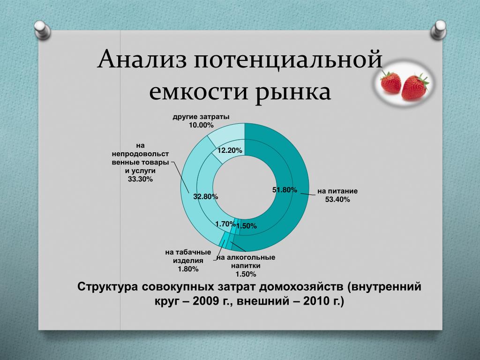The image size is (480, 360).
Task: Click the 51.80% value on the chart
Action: coord(285,190)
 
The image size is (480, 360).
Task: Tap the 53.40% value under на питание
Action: coord(337,200)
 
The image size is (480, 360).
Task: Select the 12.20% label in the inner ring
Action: coord(230,150)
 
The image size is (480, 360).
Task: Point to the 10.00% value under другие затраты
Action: coord(201,125)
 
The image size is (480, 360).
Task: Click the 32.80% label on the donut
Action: coord(205,196)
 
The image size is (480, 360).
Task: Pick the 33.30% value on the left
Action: coord(140,179)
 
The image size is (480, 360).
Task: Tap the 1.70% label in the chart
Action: coord(225,224)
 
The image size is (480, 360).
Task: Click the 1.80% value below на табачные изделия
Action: coord(188,269)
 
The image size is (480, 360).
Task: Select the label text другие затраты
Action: coord(201,117)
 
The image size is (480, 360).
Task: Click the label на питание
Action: coord(337,191)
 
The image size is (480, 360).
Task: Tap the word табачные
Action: coord(192,253)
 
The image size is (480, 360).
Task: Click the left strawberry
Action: coord(390,82)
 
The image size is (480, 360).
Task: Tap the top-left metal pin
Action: coord(42,30)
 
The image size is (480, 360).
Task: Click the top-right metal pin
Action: coord(438,30)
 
